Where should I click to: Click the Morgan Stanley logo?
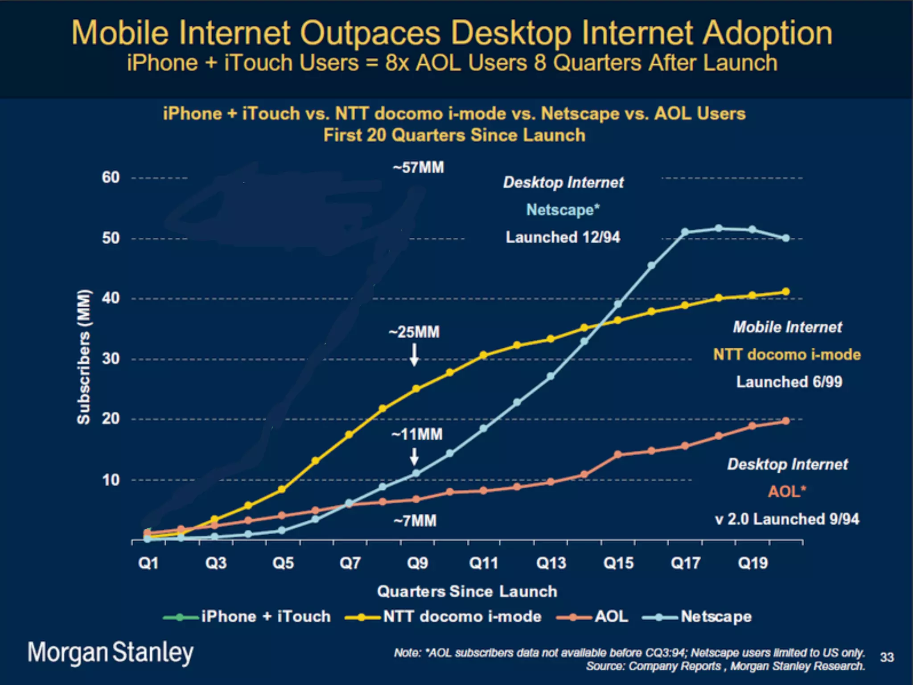coord(111,652)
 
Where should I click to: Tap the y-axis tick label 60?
coord(111,177)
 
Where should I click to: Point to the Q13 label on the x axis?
coord(551,563)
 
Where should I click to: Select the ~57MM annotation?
coord(418,168)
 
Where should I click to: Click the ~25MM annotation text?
coord(414,332)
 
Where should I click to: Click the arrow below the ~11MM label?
coord(414,457)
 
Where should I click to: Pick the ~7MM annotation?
coord(415,520)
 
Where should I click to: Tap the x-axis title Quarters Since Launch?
coord(467,591)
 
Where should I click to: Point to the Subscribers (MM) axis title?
coord(84,357)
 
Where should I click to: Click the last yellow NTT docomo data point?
coord(786,292)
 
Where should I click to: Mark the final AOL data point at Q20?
coord(786,421)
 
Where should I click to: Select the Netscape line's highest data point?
coord(719,228)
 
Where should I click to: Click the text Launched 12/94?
coord(563,237)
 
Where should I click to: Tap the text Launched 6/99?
coord(789,382)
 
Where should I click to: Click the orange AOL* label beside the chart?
coord(787,491)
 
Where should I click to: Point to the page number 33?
coord(887,657)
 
